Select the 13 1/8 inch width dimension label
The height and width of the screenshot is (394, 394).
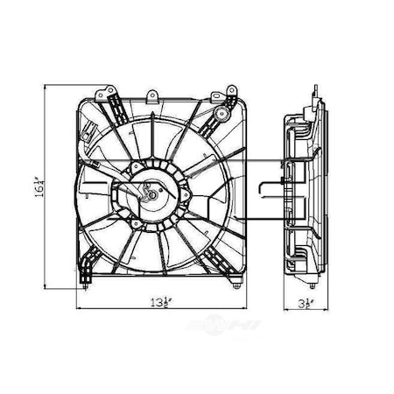pos(158,305)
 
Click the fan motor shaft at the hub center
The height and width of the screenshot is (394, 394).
pos(150,196)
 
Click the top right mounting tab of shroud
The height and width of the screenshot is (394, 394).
pos(232,90)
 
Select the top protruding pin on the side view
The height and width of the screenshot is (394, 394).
pos(311,88)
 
